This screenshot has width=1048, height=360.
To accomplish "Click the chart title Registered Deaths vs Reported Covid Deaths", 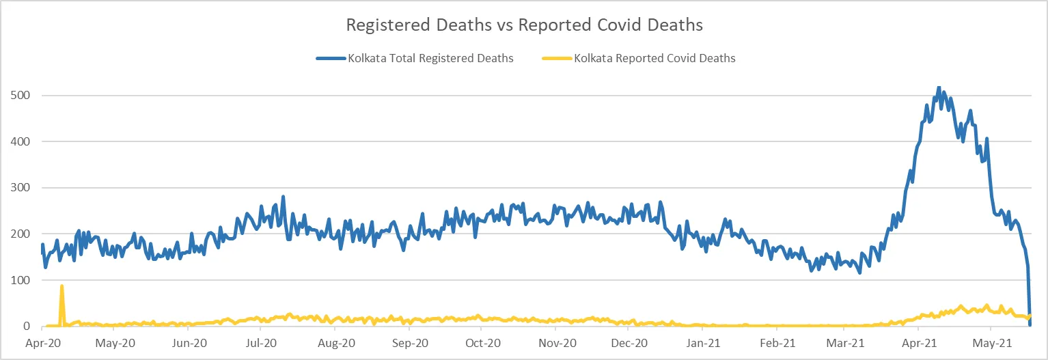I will (524, 25).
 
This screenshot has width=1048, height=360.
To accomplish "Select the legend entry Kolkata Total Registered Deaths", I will (430, 59).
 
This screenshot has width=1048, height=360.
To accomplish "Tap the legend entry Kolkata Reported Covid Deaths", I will (654, 59).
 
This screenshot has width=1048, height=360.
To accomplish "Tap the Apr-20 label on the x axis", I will (42, 343).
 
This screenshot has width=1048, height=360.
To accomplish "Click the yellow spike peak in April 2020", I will (62, 286).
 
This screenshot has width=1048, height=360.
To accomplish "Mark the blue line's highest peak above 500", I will (939, 87).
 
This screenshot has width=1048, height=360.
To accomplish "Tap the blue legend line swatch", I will (331, 59).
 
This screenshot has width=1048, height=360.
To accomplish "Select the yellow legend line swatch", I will (556, 59).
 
